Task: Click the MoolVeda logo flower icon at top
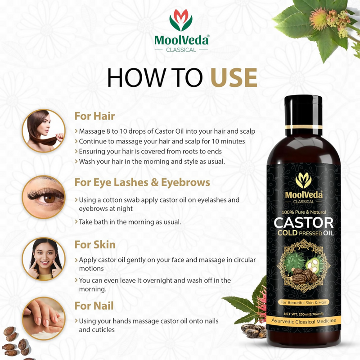pos(181,20)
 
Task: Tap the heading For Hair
pos(94,116)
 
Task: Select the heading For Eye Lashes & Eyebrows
pos(142,182)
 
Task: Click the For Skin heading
pos(94,245)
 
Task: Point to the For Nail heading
pos(94,306)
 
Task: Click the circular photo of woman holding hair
pos(44,130)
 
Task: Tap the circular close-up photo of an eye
pos(44,197)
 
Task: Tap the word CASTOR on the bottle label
pos(304,222)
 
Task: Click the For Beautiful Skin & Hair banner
pos(304,301)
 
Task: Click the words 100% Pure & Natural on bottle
pos(304,211)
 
